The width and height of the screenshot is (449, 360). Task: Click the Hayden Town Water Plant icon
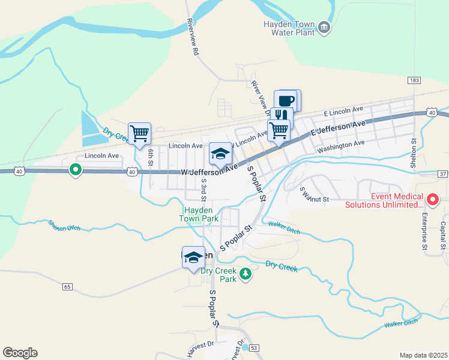[324, 28]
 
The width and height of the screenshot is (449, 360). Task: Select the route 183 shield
[413, 80]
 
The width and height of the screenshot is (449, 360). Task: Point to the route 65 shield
[66, 287]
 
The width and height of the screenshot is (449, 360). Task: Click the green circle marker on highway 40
[75, 170]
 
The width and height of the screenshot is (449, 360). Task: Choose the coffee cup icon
[286, 100]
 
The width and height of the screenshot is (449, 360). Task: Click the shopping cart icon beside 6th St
[139, 133]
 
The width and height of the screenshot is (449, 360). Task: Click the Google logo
[20, 353]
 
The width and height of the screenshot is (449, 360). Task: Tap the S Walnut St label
[315, 194]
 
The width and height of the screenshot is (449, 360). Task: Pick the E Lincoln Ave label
[343, 111]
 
